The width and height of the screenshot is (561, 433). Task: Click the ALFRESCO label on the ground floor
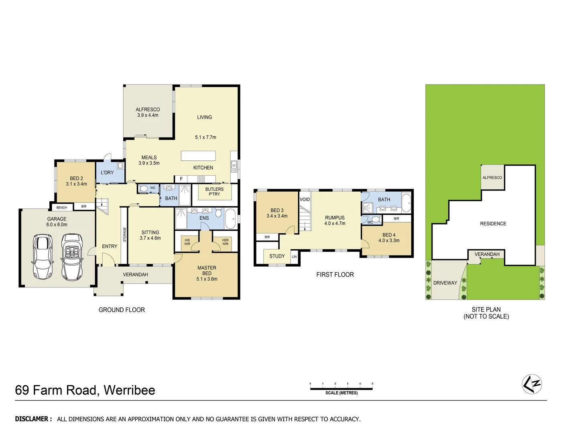[148, 109]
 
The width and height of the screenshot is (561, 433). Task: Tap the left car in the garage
[43, 255]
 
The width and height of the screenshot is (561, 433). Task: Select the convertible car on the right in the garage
[72, 257]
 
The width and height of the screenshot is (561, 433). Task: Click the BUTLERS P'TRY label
[214, 192]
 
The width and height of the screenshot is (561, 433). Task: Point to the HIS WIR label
[187, 242]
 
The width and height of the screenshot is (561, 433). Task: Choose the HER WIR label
[225, 242]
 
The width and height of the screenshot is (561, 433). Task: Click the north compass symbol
[532, 384]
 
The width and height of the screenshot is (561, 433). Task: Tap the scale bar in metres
[341, 388]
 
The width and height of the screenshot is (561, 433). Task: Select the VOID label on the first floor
[305, 199]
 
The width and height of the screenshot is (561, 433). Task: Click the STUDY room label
[277, 256]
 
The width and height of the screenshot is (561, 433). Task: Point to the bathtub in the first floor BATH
[406, 203]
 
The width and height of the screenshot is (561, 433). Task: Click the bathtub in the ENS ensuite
[230, 219]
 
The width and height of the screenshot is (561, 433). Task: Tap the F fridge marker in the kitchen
[181, 179]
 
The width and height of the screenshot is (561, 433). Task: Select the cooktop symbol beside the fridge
[201, 179]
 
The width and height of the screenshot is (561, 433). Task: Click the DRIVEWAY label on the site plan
[445, 283]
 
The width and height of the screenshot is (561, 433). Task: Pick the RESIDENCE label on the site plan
[493, 224]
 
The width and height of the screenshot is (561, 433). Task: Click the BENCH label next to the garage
[62, 207]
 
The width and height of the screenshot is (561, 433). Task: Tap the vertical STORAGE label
[124, 235]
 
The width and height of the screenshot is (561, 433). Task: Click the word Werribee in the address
[129, 390]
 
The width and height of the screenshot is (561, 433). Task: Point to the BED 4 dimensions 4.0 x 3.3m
[389, 241]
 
